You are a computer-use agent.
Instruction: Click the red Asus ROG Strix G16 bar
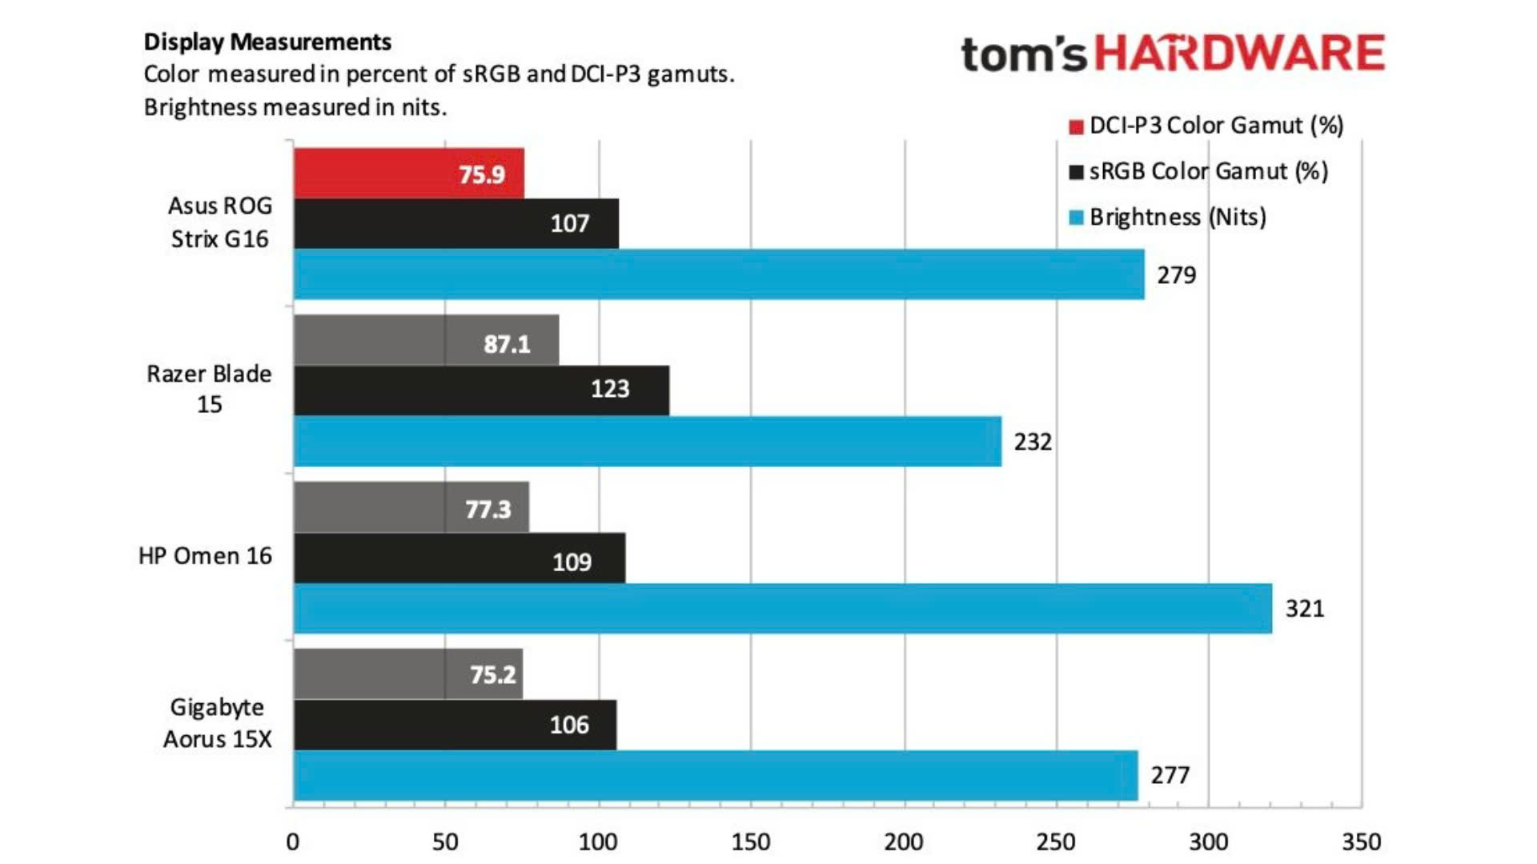point(408,174)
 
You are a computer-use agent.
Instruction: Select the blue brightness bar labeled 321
point(782,609)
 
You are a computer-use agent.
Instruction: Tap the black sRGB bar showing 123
point(481,390)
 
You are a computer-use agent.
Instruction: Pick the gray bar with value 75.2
point(407,674)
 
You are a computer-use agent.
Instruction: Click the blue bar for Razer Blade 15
point(647,442)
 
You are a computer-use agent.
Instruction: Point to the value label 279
point(1176,275)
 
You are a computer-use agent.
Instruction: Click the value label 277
point(1170,775)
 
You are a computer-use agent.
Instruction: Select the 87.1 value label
point(507,344)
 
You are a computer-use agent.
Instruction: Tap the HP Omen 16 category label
point(205,556)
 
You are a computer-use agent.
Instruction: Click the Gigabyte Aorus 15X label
point(217,723)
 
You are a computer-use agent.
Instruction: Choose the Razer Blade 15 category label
point(209,389)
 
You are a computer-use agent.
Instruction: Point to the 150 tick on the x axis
point(751,842)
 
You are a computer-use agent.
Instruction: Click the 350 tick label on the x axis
point(1361,842)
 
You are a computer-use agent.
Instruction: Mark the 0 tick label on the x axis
point(293,842)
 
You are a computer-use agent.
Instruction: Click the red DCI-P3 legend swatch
point(1076,126)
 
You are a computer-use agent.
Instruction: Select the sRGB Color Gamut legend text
point(1208,171)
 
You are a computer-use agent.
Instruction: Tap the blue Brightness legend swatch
point(1076,218)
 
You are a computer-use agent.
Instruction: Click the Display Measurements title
point(267,42)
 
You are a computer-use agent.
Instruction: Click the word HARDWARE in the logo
point(1239,54)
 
